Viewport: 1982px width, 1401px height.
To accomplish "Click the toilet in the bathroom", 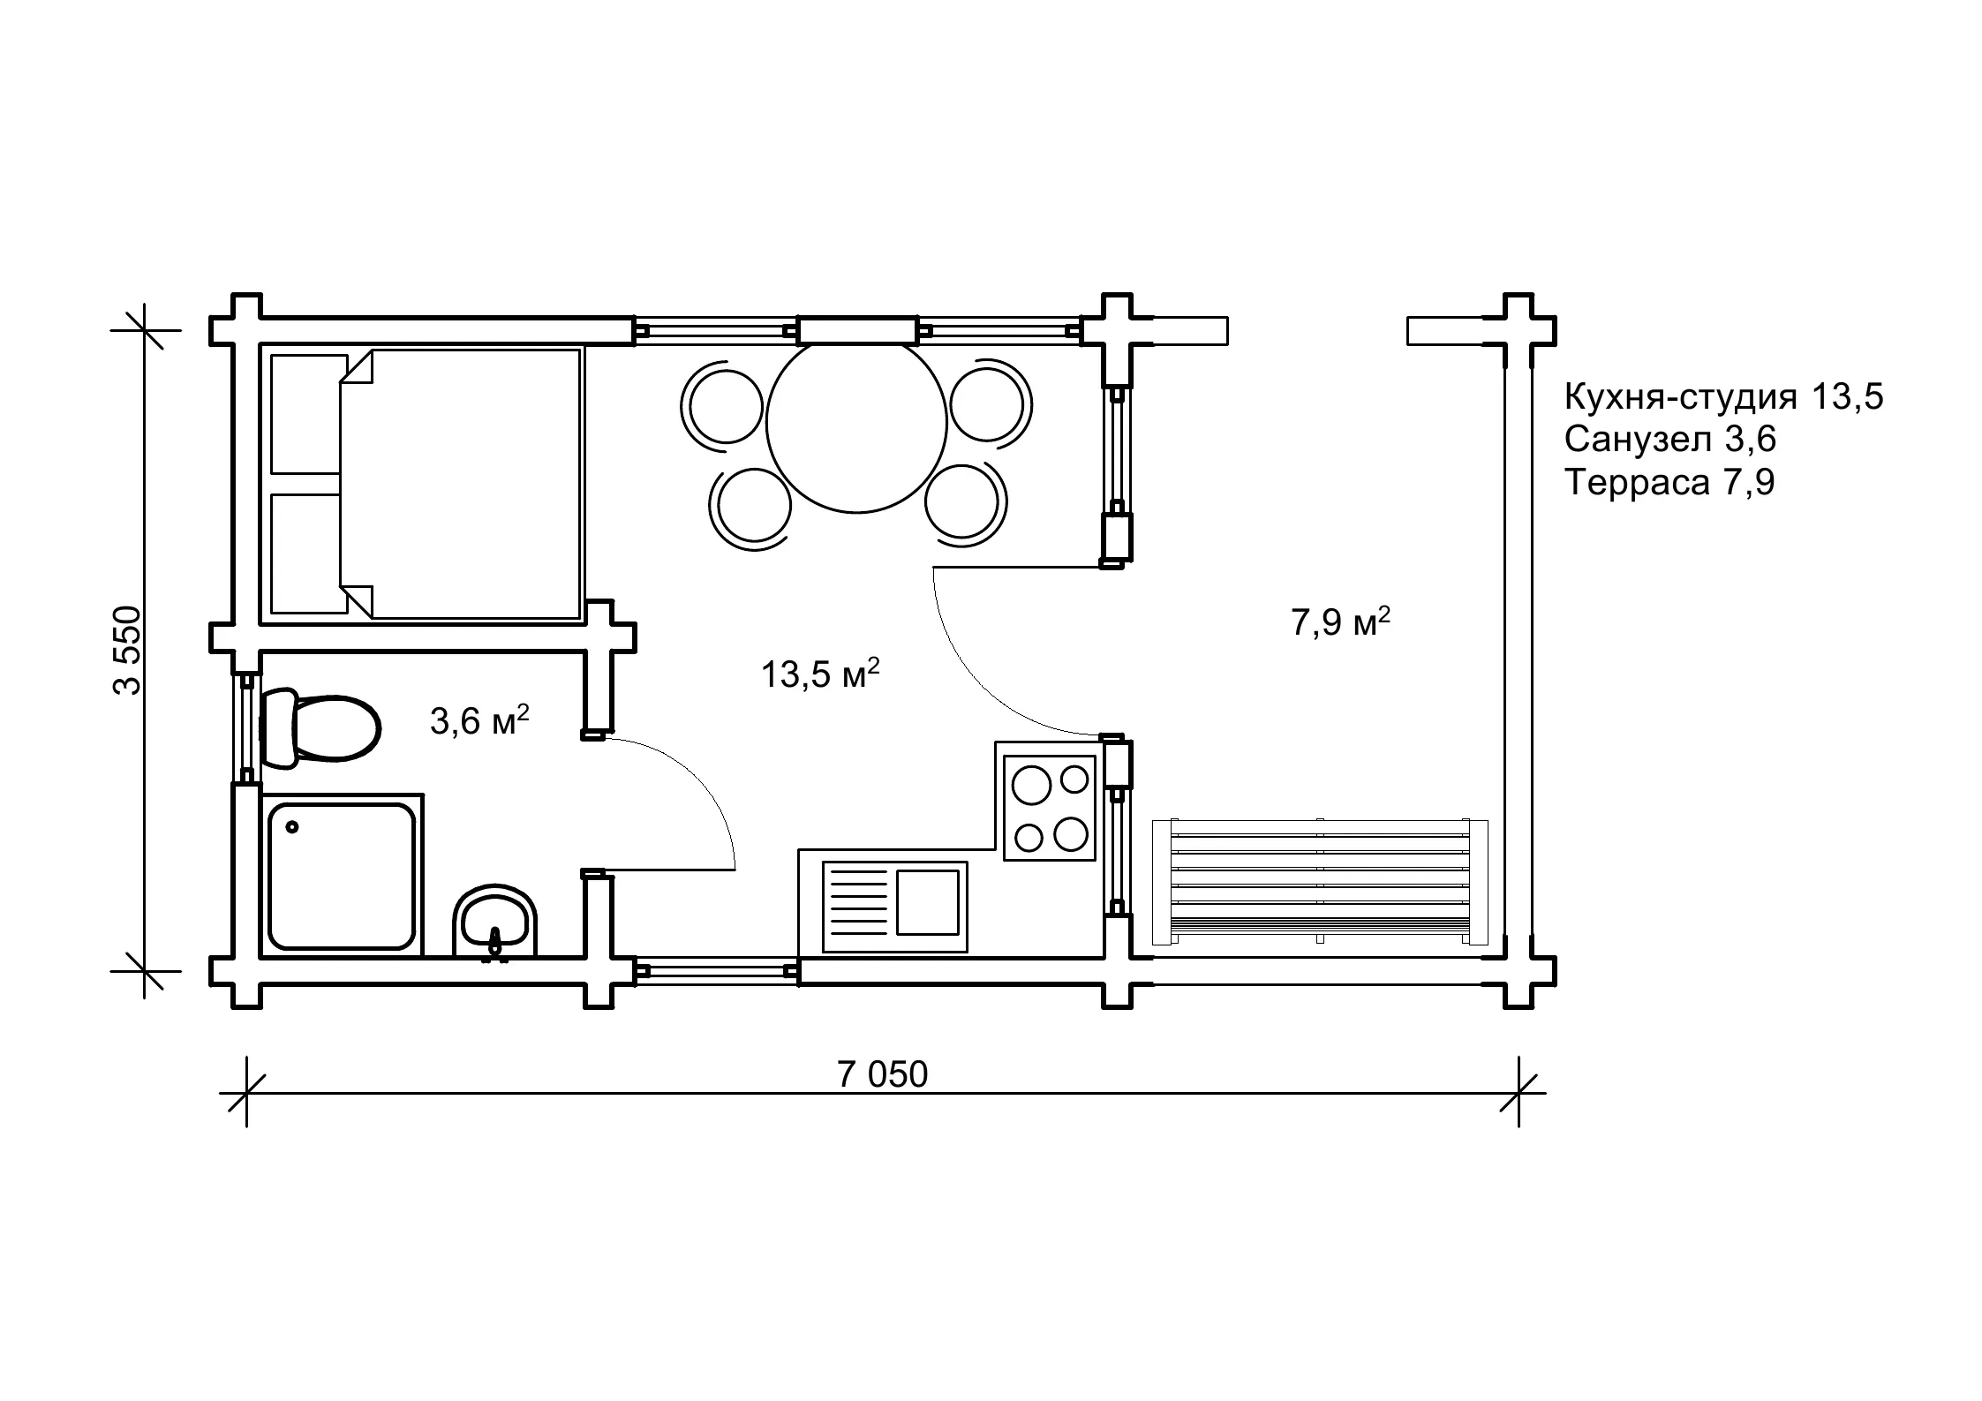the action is (320, 728).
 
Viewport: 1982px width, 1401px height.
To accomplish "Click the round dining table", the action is (856, 424).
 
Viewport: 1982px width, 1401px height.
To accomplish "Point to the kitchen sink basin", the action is (928, 901).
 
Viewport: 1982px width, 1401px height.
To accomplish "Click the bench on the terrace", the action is (1320, 882).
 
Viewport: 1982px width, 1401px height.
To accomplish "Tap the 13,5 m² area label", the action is (820, 674).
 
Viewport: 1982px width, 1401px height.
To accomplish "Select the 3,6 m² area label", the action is (479, 720).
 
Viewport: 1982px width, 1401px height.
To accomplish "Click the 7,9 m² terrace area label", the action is (1340, 621).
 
